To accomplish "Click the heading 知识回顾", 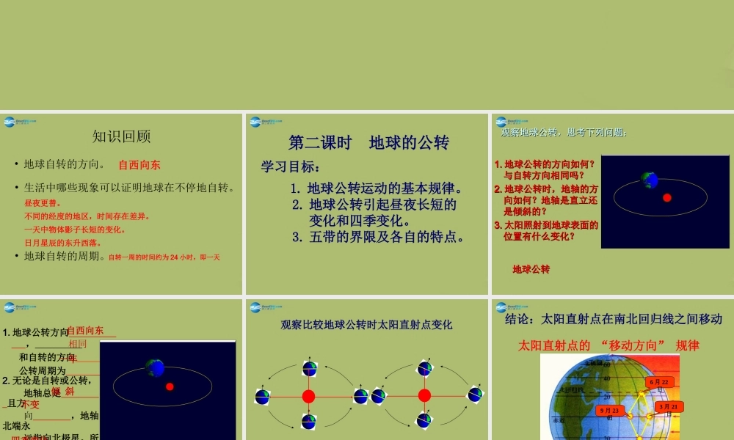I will (x=122, y=136).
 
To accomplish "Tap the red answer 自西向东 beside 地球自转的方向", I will (x=139, y=165).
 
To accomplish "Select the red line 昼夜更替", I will (x=43, y=203).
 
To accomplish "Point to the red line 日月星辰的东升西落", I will (x=63, y=243).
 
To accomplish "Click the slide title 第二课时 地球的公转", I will (x=368, y=142).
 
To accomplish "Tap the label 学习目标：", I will (x=291, y=167).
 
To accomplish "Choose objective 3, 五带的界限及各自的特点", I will (x=379, y=237).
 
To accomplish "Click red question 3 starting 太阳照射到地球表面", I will (x=546, y=231).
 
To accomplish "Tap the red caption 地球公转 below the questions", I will (x=531, y=270).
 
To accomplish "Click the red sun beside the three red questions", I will (x=667, y=197).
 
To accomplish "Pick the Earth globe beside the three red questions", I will (x=649, y=179).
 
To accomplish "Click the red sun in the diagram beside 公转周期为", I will (x=170, y=386).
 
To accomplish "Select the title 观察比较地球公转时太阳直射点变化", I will (x=366, y=324).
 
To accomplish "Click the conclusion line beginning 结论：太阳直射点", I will (x=614, y=319).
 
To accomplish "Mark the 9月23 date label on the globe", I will (x=608, y=410).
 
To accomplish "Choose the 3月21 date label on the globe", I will (x=669, y=406).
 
